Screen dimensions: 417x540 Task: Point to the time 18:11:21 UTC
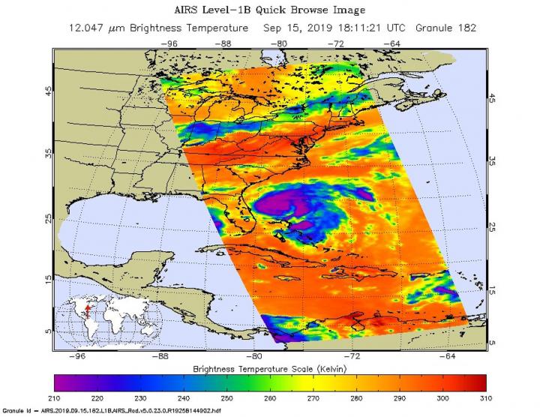pos(373,28)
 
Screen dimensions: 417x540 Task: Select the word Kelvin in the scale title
pos(335,370)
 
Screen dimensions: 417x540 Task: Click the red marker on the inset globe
pos(88,307)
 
